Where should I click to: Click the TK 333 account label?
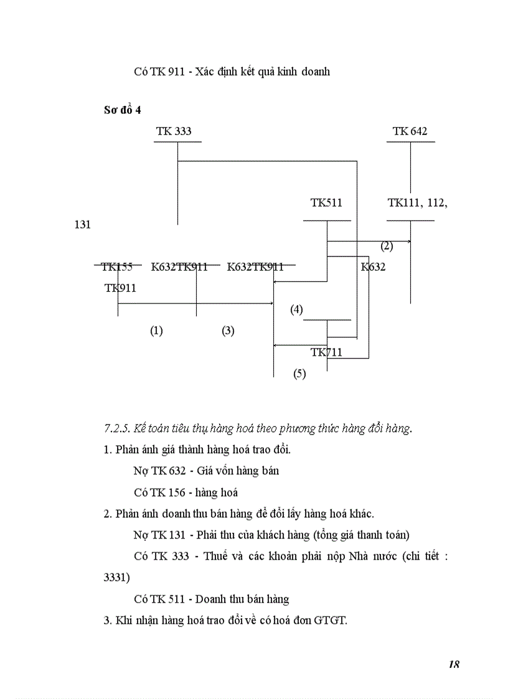point(174,131)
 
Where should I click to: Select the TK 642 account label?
point(410,131)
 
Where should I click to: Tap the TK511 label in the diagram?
point(326,203)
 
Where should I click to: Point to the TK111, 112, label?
point(417,203)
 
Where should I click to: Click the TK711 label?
point(326,353)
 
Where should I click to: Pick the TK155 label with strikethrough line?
point(117,267)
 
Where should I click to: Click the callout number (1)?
point(156,331)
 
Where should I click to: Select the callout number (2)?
point(387,246)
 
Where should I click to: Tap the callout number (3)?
point(228,331)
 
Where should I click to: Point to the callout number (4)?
point(296,309)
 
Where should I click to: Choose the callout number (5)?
point(299,375)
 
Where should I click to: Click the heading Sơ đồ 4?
point(123,110)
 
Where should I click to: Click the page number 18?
point(453,664)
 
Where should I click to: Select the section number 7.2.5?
point(116,428)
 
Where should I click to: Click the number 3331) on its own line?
point(117,578)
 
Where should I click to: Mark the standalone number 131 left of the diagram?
point(82,225)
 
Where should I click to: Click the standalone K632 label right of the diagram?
point(373,267)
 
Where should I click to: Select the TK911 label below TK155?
point(120,288)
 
